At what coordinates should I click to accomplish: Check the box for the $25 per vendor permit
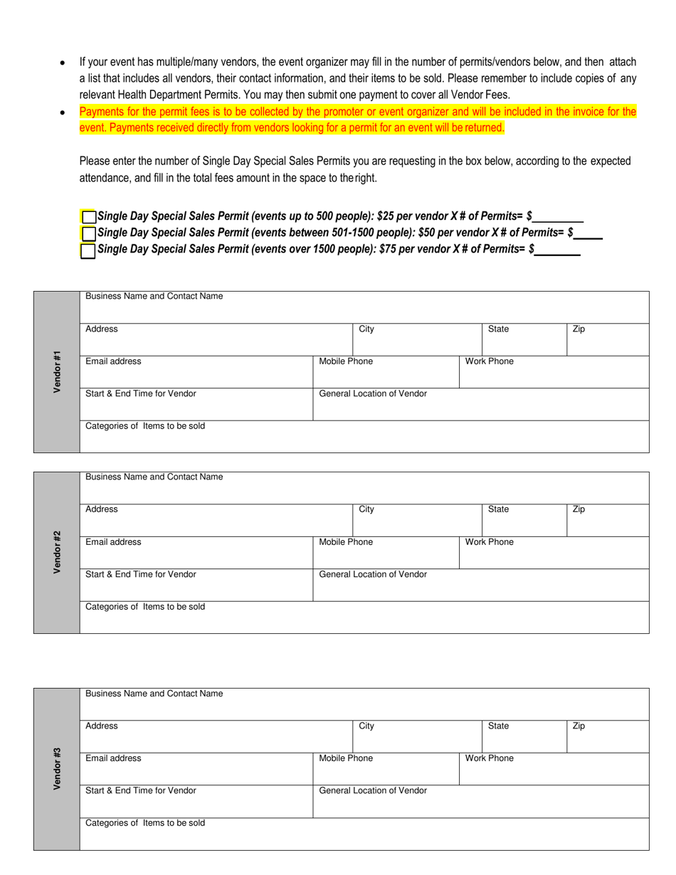(x=88, y=217)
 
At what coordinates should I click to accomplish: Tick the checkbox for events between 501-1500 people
(x=88, y=233)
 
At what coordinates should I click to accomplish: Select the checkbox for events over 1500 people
(x=88, y=250)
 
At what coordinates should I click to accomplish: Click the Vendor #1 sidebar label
(x=57, y=371)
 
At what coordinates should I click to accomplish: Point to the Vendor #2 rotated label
(x=57, y=552)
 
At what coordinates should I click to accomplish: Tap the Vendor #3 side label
(x=57, y=768)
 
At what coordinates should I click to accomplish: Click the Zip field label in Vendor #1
(x=579, y=329)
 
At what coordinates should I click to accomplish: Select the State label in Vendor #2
(x=498, y=509)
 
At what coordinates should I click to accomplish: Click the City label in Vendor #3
(x=366, y=726)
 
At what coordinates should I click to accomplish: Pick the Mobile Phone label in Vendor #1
(x=346, y=361)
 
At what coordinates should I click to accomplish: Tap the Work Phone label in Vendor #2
(x=489, y=542)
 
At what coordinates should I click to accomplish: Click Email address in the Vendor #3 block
(x=113, y=758)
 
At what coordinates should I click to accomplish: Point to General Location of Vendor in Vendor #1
(x=373, y=393)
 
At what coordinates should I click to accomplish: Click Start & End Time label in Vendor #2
(x=141, y=574)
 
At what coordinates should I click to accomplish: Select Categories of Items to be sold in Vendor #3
(x=145, y=823)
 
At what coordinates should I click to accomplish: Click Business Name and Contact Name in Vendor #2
(x=154, y=477)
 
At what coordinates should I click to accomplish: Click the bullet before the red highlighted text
(x=63, y=113)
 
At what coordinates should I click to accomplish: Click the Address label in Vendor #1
(x=102, y=329)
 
